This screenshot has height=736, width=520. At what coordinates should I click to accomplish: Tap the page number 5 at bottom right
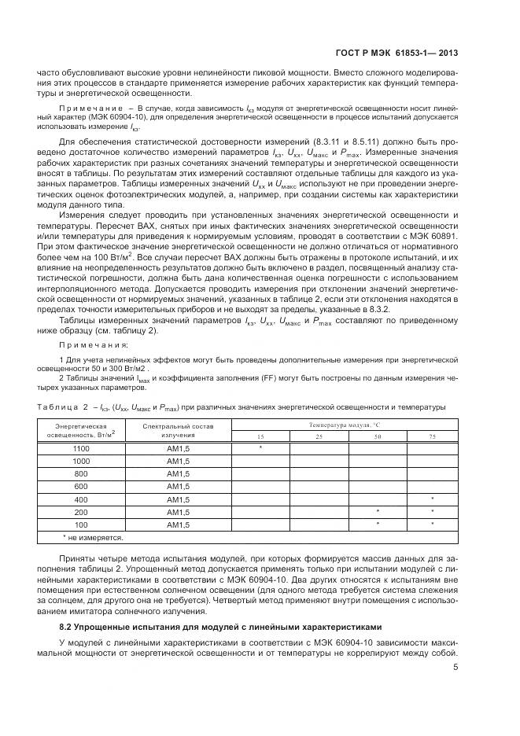click(455, 668)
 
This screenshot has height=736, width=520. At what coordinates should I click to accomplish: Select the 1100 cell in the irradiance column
click(81, 447)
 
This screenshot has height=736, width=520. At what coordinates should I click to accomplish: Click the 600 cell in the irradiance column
click(81, 486)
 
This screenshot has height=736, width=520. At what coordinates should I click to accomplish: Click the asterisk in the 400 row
click(432, 499)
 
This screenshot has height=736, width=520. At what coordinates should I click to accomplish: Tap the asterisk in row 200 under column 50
click(378, 512)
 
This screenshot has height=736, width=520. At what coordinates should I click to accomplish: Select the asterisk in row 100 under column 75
click(432, 524)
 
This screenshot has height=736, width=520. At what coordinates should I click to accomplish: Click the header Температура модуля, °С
click(345, 425)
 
